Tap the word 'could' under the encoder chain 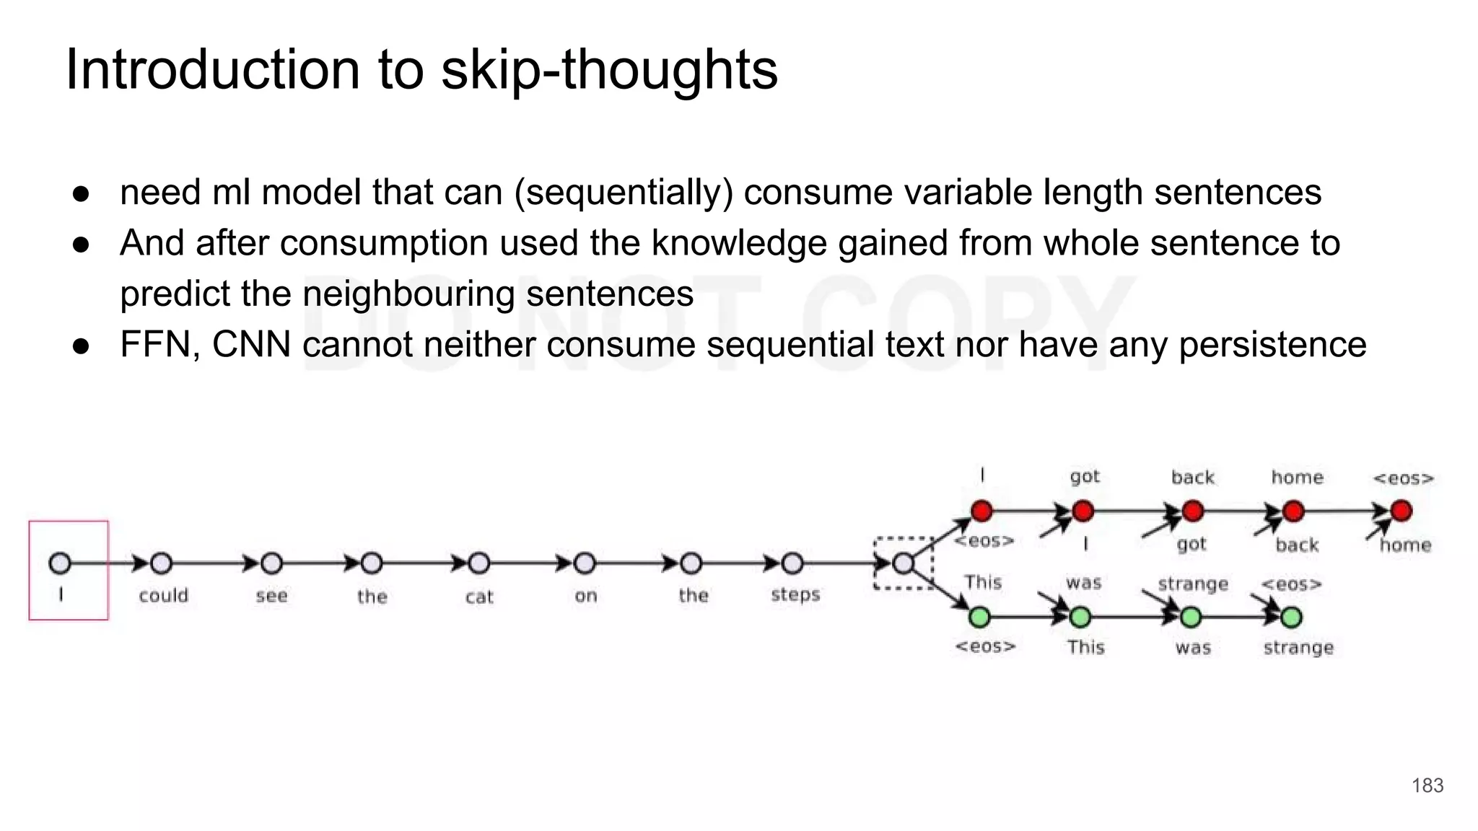tap(164, 596)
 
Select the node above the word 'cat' tap(479, 563)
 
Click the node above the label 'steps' tap(792, 563)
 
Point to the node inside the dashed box tap(903, 564)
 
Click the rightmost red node tap(1401, 511)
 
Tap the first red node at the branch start tap(981, 511)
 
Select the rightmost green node tap(1291, 617)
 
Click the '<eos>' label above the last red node tap(1403, 478)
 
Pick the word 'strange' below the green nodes tap(1298, 648)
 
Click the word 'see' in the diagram tap(271, 597)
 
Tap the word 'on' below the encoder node tap(585, 597)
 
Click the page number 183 tap(1427, 786)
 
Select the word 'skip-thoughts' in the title tap(609, 70)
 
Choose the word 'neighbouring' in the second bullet tap(408, 294)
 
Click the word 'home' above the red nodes tap(1297, 478)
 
